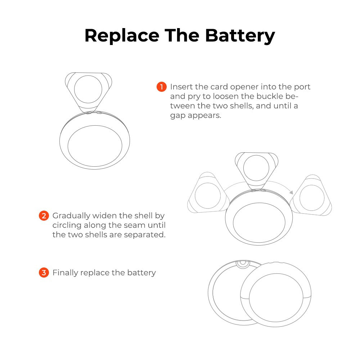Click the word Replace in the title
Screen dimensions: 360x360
coord(122,36)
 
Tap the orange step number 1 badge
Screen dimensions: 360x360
coord(162,87)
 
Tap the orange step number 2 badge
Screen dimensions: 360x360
coord(44,216)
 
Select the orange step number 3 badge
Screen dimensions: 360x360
coord(44,273)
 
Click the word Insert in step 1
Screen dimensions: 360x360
coord(181,87)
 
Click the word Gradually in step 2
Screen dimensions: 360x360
coord(71,216)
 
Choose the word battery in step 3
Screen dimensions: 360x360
coord(141,273)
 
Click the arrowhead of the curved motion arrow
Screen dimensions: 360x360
coord(291,192)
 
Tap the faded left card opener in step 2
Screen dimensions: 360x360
coord(208,193)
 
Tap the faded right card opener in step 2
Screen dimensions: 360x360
coord(311,195)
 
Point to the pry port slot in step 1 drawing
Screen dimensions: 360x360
coord(94,113)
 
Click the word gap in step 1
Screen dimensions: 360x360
coord(177,116)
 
